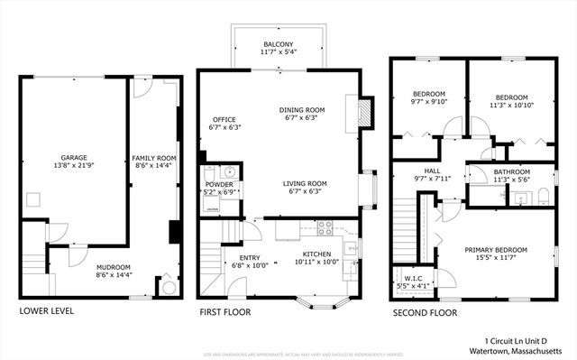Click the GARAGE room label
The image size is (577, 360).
click(x=74, y=158)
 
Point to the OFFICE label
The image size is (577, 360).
click(x=224, y=119)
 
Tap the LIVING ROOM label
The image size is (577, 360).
click(x=305, y=183)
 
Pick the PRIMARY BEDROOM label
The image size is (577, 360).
click(x=496, y=250)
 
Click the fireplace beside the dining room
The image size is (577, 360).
click(x=363, y=111)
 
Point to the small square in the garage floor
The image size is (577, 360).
click(x=33, y=198)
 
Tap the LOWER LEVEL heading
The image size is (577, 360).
click(x=46, y=312)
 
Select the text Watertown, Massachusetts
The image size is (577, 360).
click(x=516, y=350)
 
